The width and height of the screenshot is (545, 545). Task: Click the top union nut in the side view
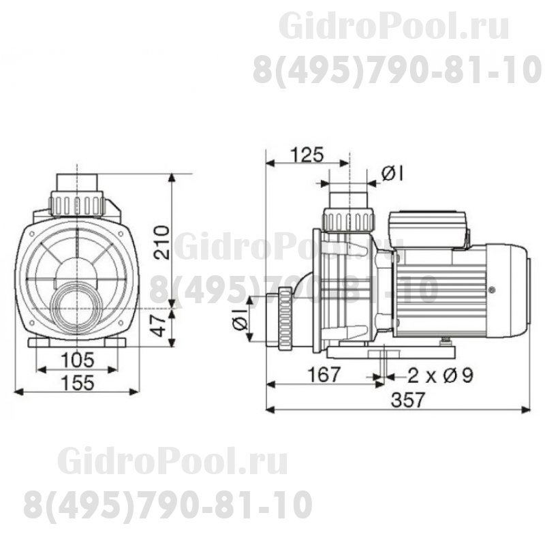tap(348, 219)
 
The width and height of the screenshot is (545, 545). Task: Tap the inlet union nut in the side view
tap(282, 317)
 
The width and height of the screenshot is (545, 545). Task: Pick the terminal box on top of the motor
tap(428, 228)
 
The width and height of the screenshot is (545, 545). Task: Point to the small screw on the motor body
tap(490, 290)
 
